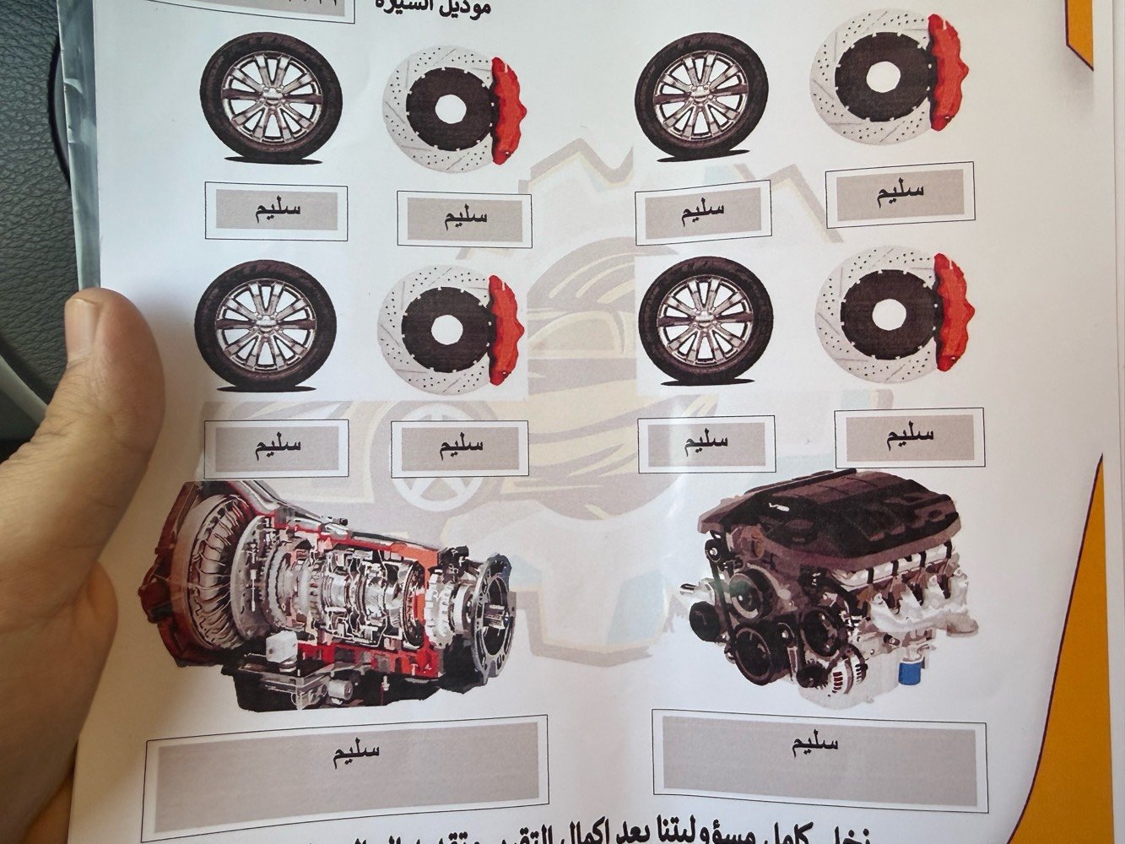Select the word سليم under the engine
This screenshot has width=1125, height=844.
coord(815,743)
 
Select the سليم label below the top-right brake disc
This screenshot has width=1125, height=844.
coord(900,192)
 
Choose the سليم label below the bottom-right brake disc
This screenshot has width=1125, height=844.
coord(908,436)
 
